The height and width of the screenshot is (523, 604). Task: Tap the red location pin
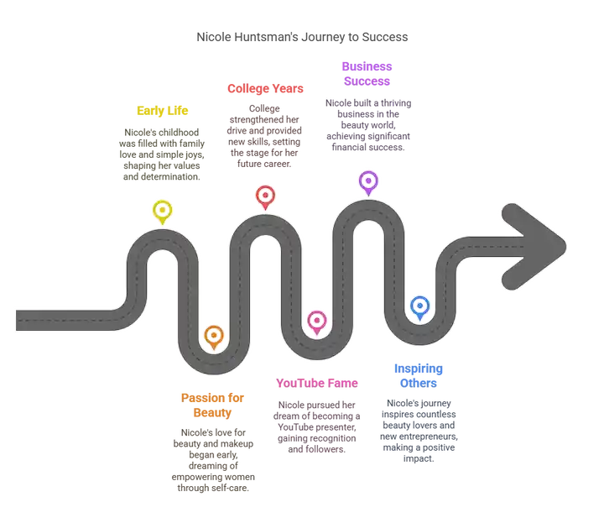[265, 197]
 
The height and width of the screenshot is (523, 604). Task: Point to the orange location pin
[214, 337]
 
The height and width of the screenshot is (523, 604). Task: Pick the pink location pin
[316, 322]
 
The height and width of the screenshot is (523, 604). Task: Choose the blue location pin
[419, 306]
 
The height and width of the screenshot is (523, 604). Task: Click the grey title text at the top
[302, 37]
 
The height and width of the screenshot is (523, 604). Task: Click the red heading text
[265, 88]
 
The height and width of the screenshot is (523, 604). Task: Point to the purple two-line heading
[367, 73]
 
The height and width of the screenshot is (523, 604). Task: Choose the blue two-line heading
[418, 375]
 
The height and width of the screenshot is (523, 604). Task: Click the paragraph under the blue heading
[419, 428]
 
